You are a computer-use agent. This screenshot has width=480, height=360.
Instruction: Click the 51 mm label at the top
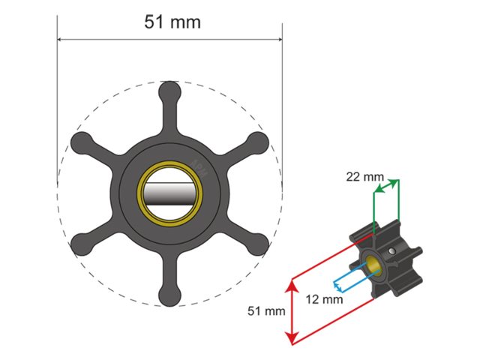click(x=172, y=22)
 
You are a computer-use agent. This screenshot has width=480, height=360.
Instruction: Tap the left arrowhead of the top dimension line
click(x=61, y=40)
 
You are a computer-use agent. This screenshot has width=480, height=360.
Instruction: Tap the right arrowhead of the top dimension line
click(x=278, y=40)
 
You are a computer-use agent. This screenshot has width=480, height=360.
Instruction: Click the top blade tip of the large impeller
click(x=170, y=91)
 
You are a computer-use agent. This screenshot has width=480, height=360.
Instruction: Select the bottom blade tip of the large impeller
click(x=170, y=296)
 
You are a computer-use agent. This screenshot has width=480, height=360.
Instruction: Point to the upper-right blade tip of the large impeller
click(x=258, y=142)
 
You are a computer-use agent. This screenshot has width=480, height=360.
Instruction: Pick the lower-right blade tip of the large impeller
click(x=258, y=244)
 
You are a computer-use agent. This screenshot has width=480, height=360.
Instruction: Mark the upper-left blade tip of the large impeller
click(x=81, y=142)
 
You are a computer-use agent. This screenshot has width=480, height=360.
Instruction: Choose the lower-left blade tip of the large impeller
click(x=81, y=244)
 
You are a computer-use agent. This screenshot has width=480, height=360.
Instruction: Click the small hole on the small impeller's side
click(x=394, y=250)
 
